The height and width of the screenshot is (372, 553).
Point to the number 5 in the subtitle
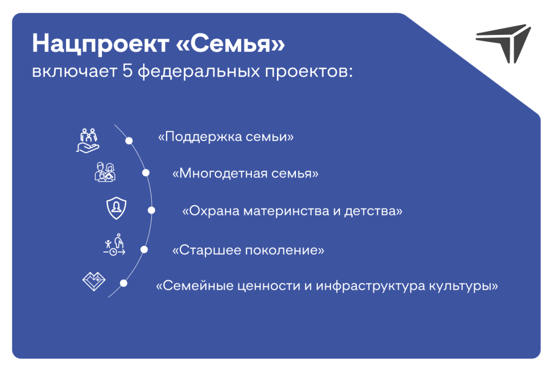point(126,73)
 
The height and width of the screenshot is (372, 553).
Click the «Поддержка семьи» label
point(226,137)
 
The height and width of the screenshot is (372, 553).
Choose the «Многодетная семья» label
point(245,174)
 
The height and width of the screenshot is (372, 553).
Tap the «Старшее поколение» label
point(248,250)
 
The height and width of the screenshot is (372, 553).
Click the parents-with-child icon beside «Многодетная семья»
point(105,172)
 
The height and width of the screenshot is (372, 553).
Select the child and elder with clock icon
point(115,245)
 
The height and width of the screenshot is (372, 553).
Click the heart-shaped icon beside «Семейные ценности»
point(94,281)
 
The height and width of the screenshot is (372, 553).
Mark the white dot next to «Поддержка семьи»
point(129,141)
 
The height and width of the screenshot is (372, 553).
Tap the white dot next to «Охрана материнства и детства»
point(151,211)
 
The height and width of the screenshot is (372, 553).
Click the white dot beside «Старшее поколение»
point(144,250)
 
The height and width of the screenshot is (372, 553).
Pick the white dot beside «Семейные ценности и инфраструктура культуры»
point(123,283)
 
